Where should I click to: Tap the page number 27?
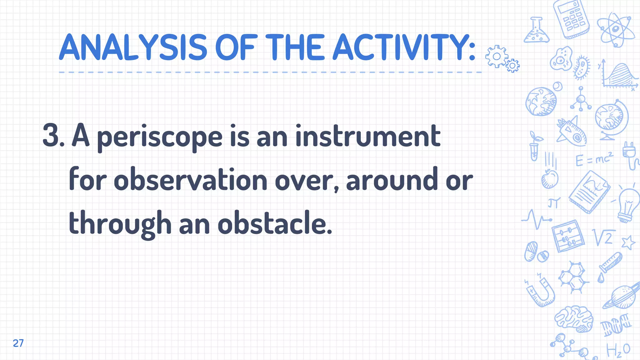point(18,343)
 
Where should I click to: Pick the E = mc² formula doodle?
point(594,159)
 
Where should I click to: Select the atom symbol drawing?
point(615,30)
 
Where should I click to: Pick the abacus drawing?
point(568,236)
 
